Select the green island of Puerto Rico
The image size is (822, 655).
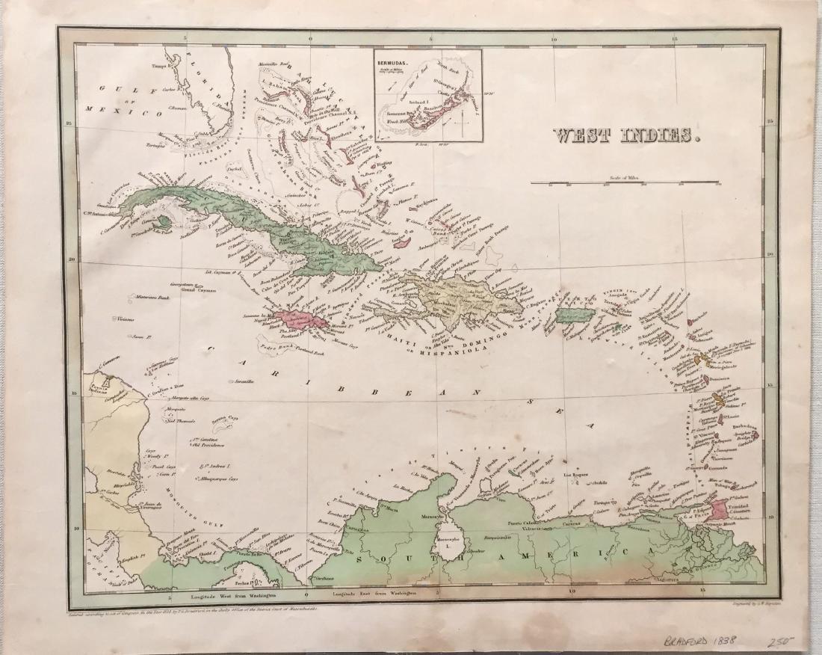click(575, 316)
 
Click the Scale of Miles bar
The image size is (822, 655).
click(625, 182)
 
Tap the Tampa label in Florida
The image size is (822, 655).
click(161, 66)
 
